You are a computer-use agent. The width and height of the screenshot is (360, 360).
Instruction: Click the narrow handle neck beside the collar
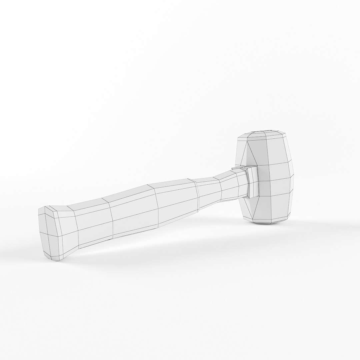233,187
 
